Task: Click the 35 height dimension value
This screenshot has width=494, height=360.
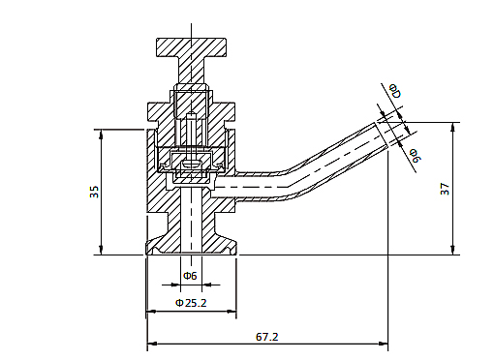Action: pos(94,192)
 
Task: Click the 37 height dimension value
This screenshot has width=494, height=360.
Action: pos(445,189)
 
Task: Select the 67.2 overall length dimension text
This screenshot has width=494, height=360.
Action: pos(266,337)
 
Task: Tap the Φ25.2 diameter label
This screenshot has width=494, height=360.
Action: pos(191,303)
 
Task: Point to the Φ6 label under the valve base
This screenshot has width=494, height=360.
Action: pos(190,276)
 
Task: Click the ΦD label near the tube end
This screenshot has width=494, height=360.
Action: pos(395,91)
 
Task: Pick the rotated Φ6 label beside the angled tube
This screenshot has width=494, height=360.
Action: pos(416,156)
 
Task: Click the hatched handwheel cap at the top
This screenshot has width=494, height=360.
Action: pos(191,47)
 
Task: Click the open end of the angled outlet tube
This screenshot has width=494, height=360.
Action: pos(382,135)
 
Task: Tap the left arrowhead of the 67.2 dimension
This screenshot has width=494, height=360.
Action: pos(152,344)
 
